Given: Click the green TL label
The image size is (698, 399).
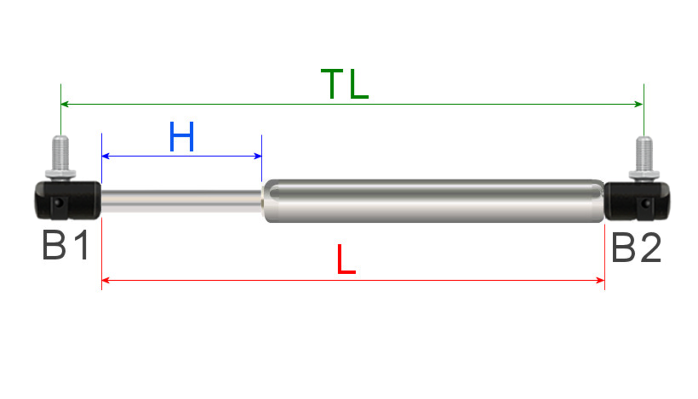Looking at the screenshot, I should coord(345,85).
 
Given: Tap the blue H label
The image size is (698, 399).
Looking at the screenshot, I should coord(182,137).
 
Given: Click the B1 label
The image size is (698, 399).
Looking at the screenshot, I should coord(65,246).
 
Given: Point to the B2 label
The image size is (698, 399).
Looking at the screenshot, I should coord(636,248).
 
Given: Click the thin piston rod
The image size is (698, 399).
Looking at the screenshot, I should coord(180,201).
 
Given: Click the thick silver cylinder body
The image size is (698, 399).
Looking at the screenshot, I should coord(436,201).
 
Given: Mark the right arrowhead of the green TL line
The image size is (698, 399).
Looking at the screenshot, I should coord(640,104).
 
